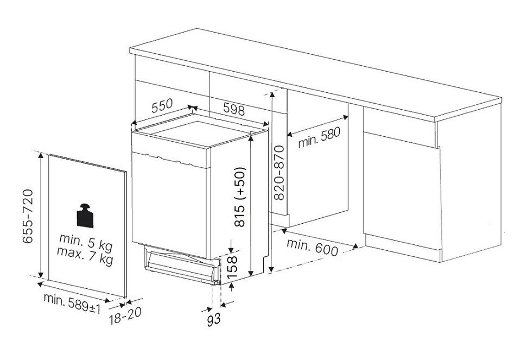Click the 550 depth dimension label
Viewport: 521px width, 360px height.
click(162, 105)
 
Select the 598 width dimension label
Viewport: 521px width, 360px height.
click(234, 109)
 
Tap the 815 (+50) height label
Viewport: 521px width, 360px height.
click(239, 197)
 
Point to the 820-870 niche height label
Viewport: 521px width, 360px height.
click(279, 173)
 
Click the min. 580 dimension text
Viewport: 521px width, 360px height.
click(319, 138)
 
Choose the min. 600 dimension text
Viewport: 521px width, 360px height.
click(313, 247)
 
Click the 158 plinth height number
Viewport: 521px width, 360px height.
click(231, 267)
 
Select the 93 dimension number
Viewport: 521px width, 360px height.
click(214, 319)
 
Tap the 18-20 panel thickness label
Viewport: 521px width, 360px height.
click(125, 315)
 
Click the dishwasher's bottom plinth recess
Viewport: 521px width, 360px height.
click(182, 265)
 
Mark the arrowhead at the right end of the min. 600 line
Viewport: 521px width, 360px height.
click(355, 247)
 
